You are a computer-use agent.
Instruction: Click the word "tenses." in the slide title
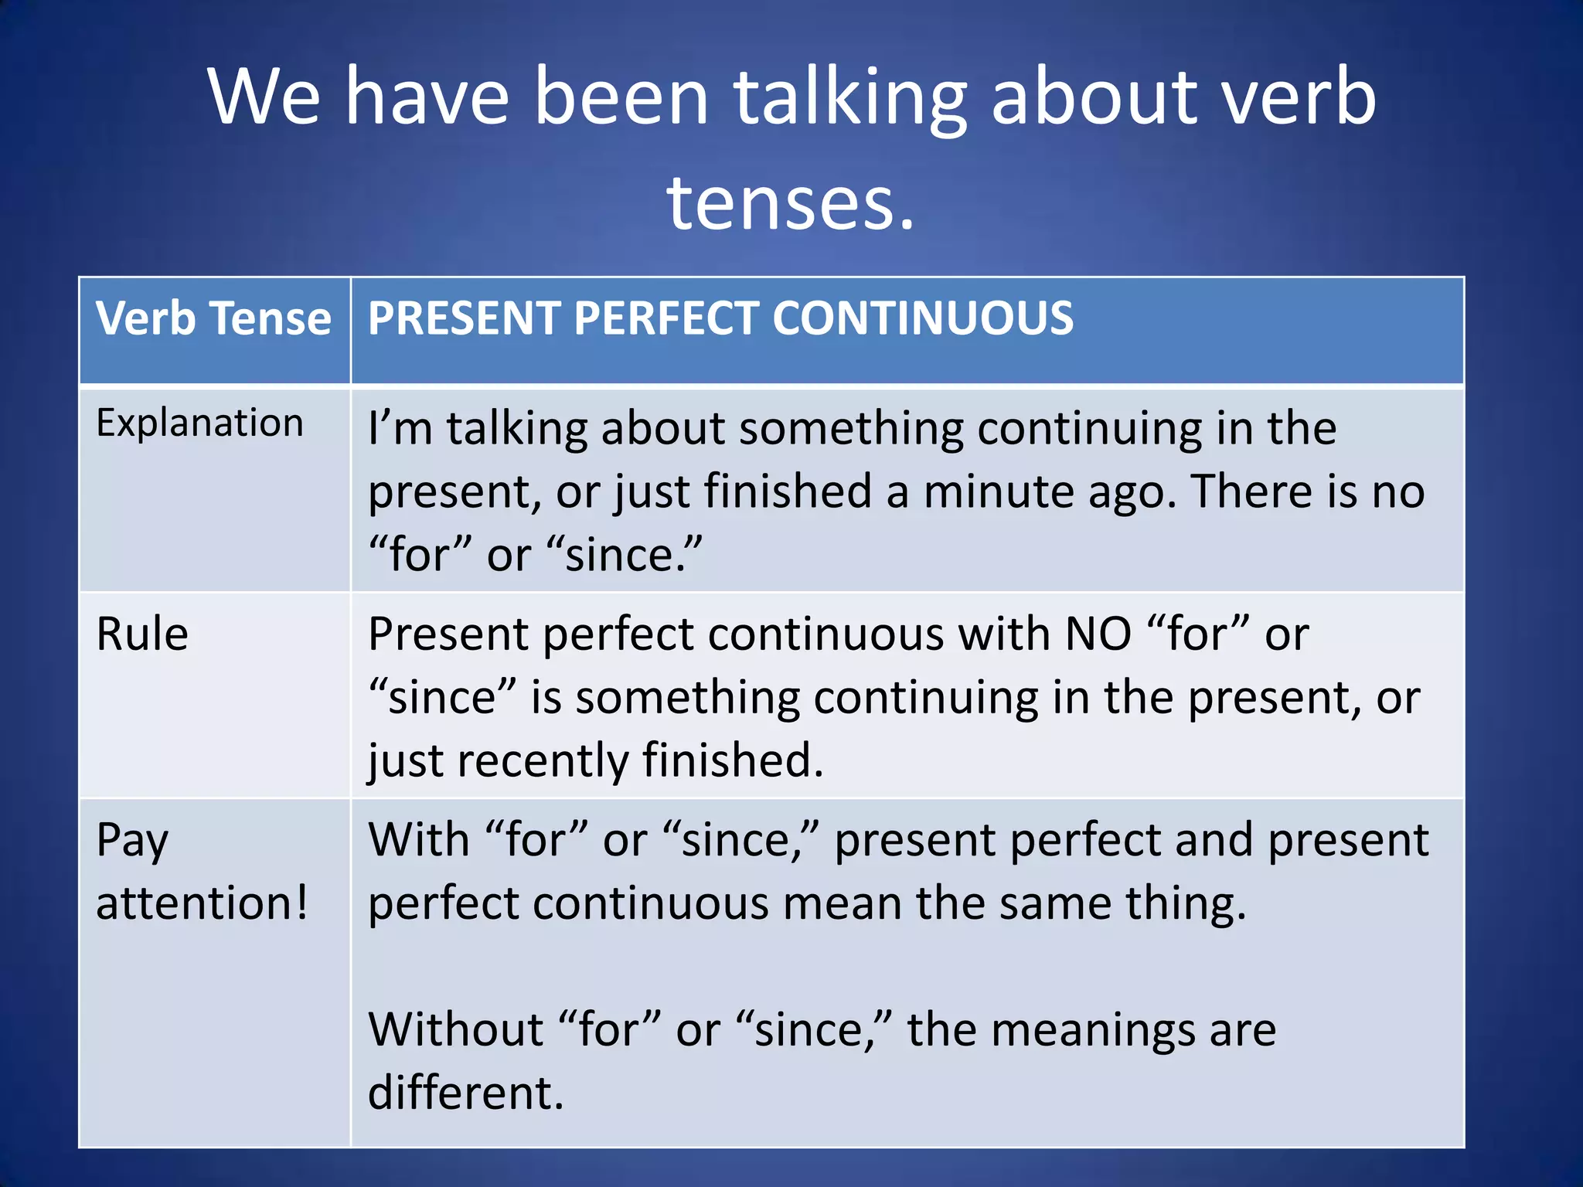click(791, 202)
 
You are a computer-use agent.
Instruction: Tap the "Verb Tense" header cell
click(213, 318)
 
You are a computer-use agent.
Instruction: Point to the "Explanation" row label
click(199, 424)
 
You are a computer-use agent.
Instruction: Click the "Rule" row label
click(142, 634)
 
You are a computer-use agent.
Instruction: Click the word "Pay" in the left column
click(132, 841)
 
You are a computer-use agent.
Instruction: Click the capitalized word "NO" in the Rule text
click(1098, 634)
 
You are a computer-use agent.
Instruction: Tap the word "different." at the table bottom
click(465, 1093)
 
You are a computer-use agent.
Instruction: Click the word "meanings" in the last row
click(1093, 1032)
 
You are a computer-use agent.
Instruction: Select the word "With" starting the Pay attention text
click(418, 840)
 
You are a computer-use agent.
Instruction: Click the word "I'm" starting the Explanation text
click(400, 428)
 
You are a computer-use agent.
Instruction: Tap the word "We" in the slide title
click(264, 98)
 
